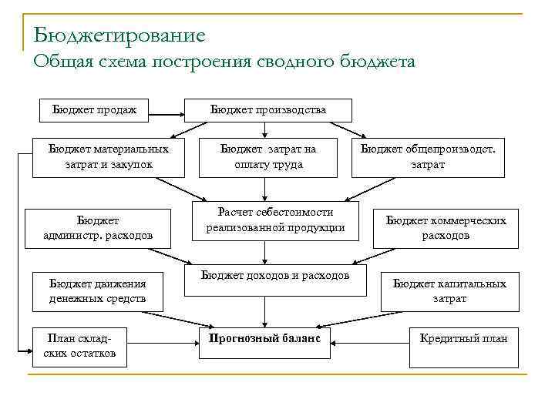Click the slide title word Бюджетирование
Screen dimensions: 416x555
click(119, 35)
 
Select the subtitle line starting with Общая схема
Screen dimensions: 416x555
click(224, 62)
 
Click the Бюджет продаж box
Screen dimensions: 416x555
click(94, 110)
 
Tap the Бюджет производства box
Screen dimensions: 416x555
click(267, 110)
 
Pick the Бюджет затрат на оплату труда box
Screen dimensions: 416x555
click(267, 156)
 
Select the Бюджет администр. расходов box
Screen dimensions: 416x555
click(98, 227)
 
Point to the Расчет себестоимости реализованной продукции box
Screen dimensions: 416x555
click(275, 220)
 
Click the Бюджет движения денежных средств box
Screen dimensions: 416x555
click(97, 290)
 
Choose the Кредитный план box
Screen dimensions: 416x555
click(462, 339)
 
